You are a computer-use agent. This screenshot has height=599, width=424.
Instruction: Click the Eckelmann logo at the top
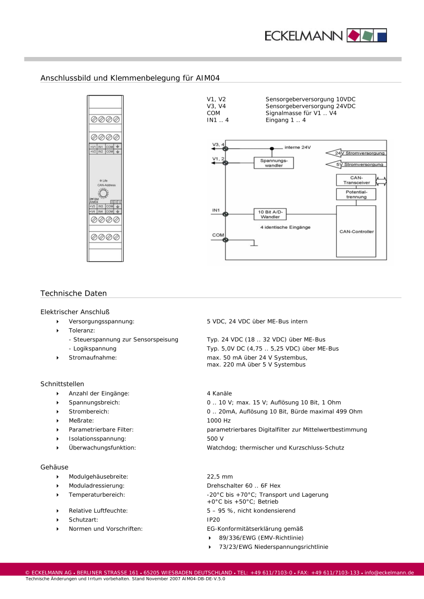click(x=326, y=36)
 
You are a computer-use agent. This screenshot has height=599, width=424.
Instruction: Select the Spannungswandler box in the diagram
click(x=274, y=163)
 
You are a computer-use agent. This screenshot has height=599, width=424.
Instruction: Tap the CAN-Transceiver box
click(x=356, y=180)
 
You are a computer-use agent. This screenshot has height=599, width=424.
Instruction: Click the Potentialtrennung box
click(x=356, y=194)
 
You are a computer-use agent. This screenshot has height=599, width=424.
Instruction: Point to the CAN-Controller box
click(x=356, y=231)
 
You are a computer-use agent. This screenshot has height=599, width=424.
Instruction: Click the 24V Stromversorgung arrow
click(x=355, y=153)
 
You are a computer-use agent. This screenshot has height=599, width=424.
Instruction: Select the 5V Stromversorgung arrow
click(x=355, y=165)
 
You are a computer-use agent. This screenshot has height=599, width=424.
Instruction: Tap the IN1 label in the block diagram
click(x=216, y=210)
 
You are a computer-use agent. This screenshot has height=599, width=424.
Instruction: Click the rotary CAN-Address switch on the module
click(x=103, y=193)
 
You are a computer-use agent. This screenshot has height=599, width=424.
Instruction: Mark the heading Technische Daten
click(x=74, y=293)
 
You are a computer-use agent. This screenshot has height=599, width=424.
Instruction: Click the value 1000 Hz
click(x=219, y=420)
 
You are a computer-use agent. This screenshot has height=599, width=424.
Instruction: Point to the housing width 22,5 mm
click(x=220, y=477)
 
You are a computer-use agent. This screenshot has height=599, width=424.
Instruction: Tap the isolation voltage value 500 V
click(x=215, y=438)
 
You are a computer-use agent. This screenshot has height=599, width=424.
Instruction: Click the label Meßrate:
click(x=81, y=420)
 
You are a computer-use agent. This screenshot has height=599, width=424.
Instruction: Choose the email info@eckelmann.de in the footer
click(x=389, y=572)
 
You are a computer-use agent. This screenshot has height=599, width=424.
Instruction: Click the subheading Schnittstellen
click(x=62, y=384)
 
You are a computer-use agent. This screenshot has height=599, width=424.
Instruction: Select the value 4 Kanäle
click(x=219, y=393)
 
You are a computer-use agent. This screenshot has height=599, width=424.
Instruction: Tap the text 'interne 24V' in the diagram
click(x=297, y=147)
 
